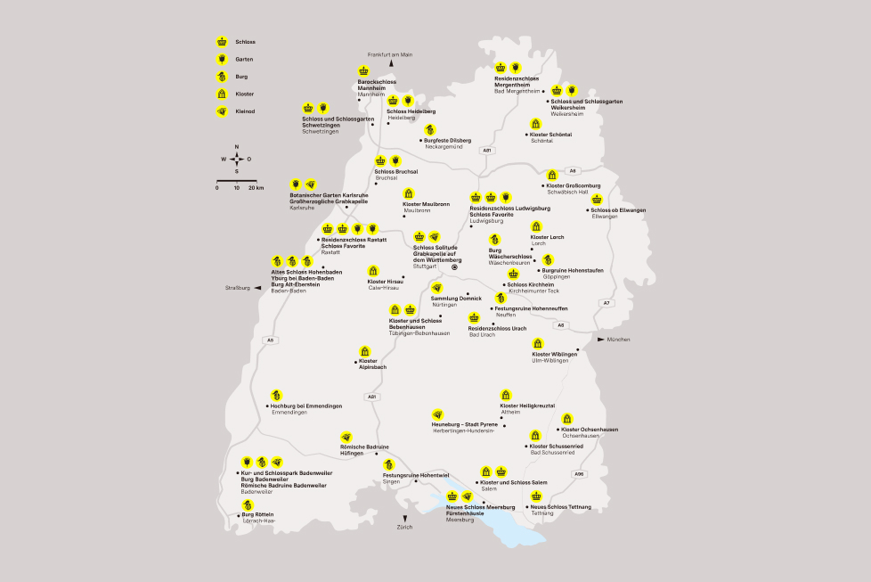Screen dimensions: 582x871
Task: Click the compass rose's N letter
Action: pyautogui.click(x=236, y=146)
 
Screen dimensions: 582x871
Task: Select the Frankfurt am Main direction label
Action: pyautogui.click(x=390, y=54)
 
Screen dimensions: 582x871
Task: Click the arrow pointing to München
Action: pyautogui.click(x=601, y=340)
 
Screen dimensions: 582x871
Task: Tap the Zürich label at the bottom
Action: pyautogui.click(x=405, y=528)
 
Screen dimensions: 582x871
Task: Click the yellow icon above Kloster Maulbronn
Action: pyautogui.click(x=409, y=193)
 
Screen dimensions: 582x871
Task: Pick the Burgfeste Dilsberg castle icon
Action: pyautogui.click(x=430, y=130)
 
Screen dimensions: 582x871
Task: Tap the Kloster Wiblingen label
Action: pyautogui.click(x=554, y=354)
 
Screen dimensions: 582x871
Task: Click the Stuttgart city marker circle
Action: pyautogui.click(x=454, y=266)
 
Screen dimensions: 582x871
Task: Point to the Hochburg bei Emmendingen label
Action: pyautogui.click(x=306, y=406)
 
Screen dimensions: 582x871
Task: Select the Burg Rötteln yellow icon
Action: pyautogui.click(x=248, y=504)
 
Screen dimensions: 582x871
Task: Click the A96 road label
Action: pyautogui.click(x=580, y=473)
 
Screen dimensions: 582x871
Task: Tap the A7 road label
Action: pyautogui.click(x=606, y=303)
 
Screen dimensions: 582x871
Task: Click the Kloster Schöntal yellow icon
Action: pyautogui.click(x=536, y=124)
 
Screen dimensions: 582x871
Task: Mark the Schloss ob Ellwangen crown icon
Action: pyautogui.click(x=597, y=200)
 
